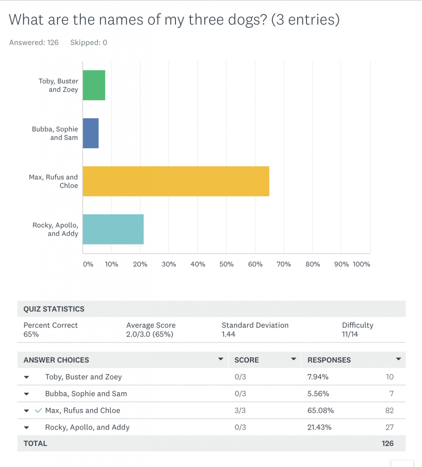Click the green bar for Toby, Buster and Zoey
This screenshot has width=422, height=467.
94,85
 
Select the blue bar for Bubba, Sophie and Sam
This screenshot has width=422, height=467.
90,133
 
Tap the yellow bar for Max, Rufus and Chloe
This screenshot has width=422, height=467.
176,181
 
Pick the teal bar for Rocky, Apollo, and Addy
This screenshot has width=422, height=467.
113,229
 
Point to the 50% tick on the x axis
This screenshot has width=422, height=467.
227,264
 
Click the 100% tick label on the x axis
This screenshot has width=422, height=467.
362,264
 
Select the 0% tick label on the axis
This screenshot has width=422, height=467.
88,264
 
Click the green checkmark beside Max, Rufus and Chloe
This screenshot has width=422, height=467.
38,410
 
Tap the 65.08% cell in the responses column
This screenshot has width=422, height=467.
321,410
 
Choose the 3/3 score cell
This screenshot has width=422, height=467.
240,410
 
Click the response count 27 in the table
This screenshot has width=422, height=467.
389,427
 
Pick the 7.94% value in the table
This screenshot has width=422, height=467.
318,377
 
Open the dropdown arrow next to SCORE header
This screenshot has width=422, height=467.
294,359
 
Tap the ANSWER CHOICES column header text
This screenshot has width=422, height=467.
56,360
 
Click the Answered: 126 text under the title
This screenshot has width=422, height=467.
34,42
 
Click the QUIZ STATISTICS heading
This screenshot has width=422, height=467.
54,309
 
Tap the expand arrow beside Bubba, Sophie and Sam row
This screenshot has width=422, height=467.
26,394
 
